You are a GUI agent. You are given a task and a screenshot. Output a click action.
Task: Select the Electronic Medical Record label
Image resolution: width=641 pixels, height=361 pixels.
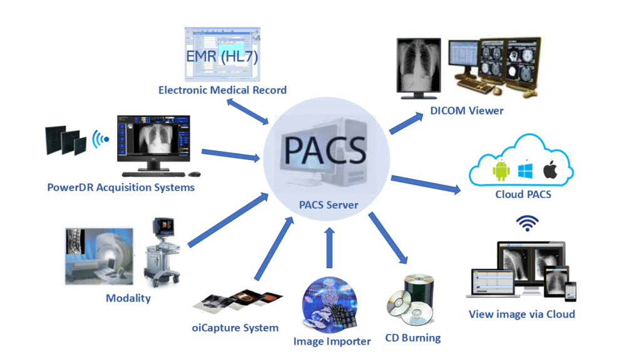pyautogui.click(x=222, y=90)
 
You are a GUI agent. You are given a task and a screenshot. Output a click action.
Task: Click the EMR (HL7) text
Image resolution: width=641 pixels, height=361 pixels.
pyautogui.click(x=222, y=57)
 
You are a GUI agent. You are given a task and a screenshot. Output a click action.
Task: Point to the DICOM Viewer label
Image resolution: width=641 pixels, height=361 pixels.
pyautogui.click(x=466, y=111)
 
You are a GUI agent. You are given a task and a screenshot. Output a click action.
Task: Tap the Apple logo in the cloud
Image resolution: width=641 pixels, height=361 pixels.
pyautogui.click(x=550, y=170)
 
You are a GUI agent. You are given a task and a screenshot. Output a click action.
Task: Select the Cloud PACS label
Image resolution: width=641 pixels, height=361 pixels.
pyautogui.click(x=523, y=194)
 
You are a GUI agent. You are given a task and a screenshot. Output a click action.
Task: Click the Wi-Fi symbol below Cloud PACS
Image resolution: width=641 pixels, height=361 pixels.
pyautogui.click(x=527, y=223)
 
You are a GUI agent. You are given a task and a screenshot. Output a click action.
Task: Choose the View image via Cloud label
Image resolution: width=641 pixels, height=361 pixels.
pyautogui.click(x=521, y=314)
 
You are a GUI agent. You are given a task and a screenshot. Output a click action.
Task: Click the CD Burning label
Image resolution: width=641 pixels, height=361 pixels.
pyautogui.click(x=413, y=338)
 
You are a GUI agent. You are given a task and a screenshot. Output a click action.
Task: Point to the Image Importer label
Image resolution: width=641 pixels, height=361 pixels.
pyautogui.click(x=332, y=342)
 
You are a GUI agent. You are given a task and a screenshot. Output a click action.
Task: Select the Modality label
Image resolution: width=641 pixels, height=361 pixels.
pyautogui.click(x=128, y=298)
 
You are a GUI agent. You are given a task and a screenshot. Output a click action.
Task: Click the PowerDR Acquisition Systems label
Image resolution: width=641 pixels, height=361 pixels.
pyautogui.click(x=121, y=187)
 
